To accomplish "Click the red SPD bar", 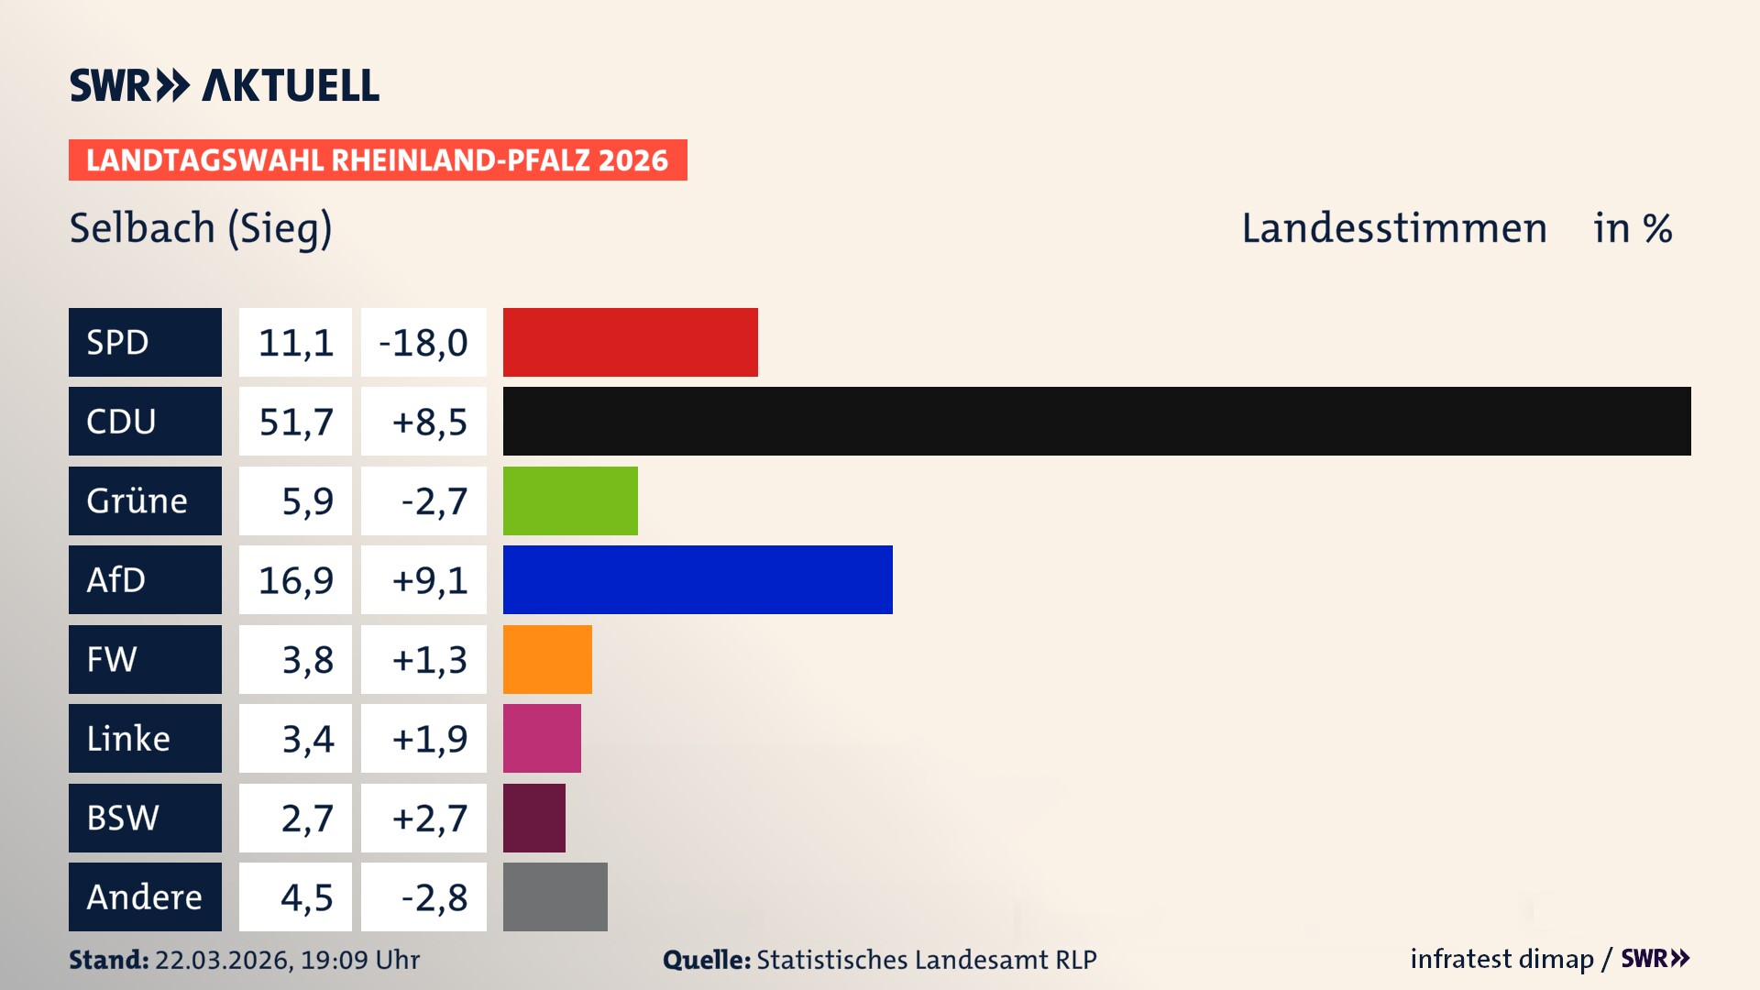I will [x=630, y=342].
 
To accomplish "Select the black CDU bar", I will [x=1096, y=421].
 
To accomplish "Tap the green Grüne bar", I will [x=570, y=500].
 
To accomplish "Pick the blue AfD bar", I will [x=698, y=579].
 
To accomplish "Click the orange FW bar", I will [x=547, y=659].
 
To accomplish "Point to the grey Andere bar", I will [x=555, y=896].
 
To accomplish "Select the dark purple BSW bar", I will [x=533, y=818].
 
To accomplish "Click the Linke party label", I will [x=128, y=738].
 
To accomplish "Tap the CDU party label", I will [x=121, y=421].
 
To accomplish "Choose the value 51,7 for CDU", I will [x=295, y=422].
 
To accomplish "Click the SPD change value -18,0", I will [x=423, y=343].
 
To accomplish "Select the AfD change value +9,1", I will [x=429, y=580].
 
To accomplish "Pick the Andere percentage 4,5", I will [x=306, y=897].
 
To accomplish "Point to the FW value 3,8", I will [x=307, y=660].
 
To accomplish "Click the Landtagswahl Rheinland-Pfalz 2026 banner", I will [x=377, y=159].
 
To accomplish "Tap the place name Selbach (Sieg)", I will [x=201, y=228].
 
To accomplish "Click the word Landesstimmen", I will [x=1393, y=228].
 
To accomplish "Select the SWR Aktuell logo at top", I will [x=224, y=85].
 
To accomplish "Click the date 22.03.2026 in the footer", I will [x=223, y=960].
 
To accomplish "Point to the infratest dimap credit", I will [x=1501, y=959].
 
